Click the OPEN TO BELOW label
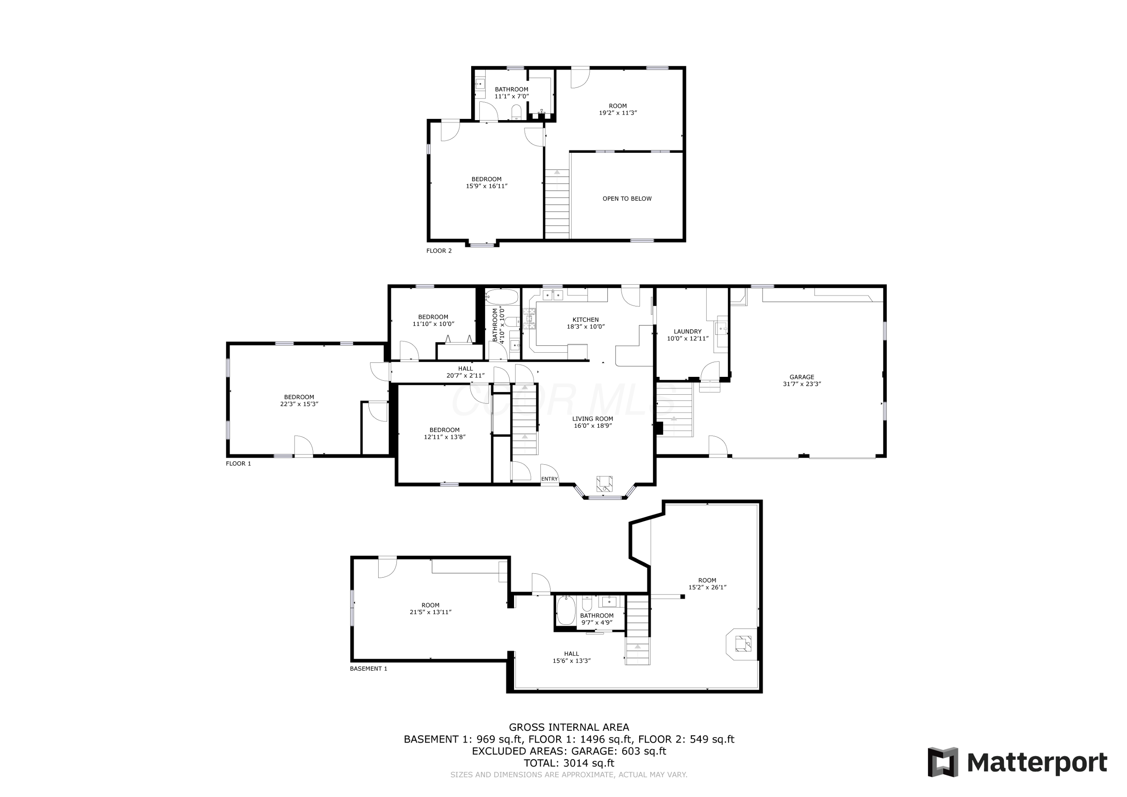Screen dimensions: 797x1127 pyautogui.click(x=627, y=199)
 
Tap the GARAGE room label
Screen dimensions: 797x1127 pyautogui.click(x=801, y=377)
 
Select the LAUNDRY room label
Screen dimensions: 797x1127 pyautogui.click(x=687, y=331)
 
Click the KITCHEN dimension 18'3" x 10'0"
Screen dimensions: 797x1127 pyautogui.click(x=586, y=326)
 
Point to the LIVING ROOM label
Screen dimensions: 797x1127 pyautogui.click(x=593, y=418)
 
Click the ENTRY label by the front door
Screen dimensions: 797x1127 pyautogui.click(x=549, y=479)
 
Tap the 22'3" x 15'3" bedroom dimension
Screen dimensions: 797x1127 pyautogui.click(x=299, y=404)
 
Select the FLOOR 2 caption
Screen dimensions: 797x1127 pyautogui.click(x=439, y=251)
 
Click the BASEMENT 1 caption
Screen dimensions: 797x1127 pyautogui.click(x=368, y=668)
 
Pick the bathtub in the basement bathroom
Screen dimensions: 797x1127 pyautogui.click(x=566, y=610)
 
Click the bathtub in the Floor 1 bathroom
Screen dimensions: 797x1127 pyautogui.click(x=502, y=297)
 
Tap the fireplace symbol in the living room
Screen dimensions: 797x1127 pyautogui.click(x=604, y=483)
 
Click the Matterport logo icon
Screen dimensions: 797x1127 pyautogui.click(x=942, y=762)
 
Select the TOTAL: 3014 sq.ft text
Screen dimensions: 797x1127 pyautogui.click(x=568, y=763)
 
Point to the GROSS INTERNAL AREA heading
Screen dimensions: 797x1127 pyautogui.click(x=568, y=727)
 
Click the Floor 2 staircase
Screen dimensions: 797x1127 pyautogui.click(x=556, y=204)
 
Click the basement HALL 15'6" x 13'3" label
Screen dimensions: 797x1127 pyautogui.click(x=571, y=657)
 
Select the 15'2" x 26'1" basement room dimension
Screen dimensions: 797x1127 pyautogui.click(x=707, y=587)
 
